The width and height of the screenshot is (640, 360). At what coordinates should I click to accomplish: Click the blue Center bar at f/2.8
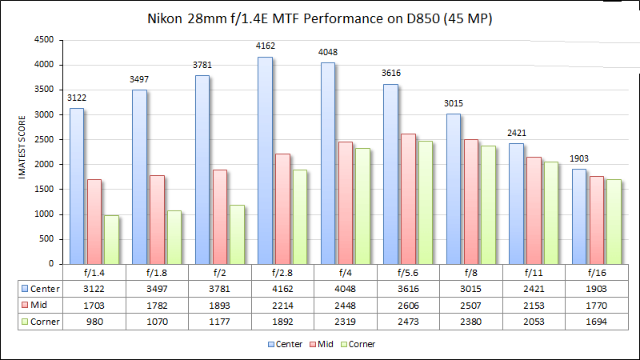pyautogui.click(x=265, y=160)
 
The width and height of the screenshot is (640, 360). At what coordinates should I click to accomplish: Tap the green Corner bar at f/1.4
pyautogui.click(x=110, y=239)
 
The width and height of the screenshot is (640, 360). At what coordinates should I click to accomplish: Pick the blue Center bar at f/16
pyautogui.click(x=579, y=216)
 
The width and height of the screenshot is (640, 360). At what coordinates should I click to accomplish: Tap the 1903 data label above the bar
pyautogui.click(x=579, y=160)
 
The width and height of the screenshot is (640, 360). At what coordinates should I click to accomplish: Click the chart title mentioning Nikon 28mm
pyautogui.click(x=320, y=18)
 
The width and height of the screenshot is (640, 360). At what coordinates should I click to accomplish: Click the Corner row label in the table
pyautogui.click(x=41, y=321)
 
